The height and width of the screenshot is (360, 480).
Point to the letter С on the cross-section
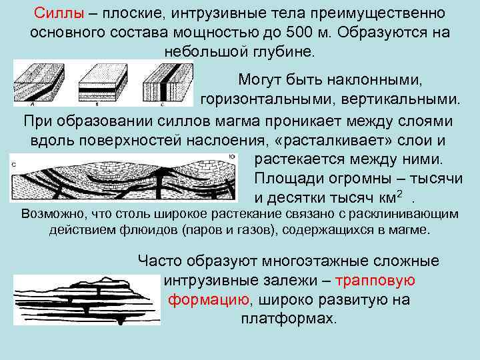[x=15, y=163]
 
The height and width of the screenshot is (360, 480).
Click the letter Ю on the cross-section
[x=231, y=158]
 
